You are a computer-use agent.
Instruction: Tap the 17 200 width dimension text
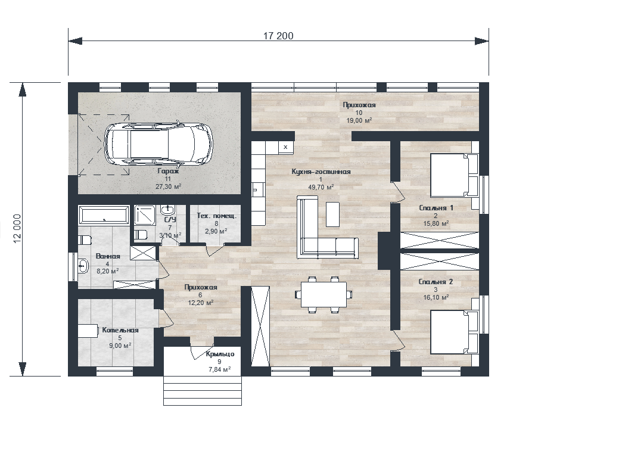click(278, 36)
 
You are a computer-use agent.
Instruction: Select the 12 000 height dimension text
click(17, 229)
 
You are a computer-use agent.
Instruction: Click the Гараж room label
click(168, 172)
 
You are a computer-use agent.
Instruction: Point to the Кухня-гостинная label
click(321, 172)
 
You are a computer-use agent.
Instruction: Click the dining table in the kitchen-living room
click(324, 294)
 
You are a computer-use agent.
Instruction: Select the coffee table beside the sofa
click(333, 214)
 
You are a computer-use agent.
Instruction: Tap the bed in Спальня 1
click(455, 175)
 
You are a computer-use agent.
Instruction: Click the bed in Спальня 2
click(455, 332)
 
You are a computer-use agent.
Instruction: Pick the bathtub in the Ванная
click(104, 216)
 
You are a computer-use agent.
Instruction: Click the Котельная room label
click(120, 330)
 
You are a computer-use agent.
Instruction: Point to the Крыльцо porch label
click(220, 354)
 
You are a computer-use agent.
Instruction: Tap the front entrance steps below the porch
click(203, 390)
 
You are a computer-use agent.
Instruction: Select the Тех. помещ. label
click(217, 216)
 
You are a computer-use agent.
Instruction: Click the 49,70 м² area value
click(321, 187)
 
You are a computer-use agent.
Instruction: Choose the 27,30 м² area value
click(169, 186)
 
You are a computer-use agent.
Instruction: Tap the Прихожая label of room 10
click(359, 105)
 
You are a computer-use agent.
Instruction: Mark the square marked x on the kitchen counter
click(285, 147)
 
